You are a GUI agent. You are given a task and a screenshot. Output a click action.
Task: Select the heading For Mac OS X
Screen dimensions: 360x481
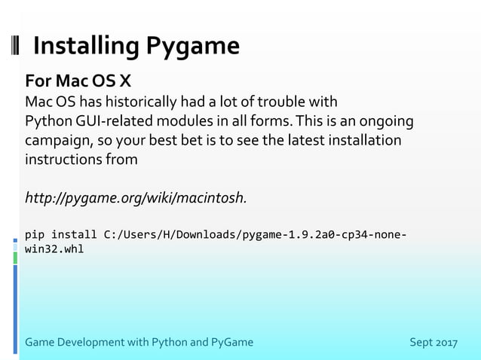click(78, 81)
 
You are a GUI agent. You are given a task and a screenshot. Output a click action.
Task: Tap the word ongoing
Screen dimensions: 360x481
click(385, 121)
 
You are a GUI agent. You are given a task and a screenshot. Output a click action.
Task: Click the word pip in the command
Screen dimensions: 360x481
click(35, 234)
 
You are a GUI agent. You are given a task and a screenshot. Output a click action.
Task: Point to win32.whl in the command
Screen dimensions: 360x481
click(54, 249)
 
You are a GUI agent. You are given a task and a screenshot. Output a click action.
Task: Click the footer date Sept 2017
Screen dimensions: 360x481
click(433, 343)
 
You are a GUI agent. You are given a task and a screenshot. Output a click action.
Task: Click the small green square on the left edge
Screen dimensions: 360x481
click(15, 258)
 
